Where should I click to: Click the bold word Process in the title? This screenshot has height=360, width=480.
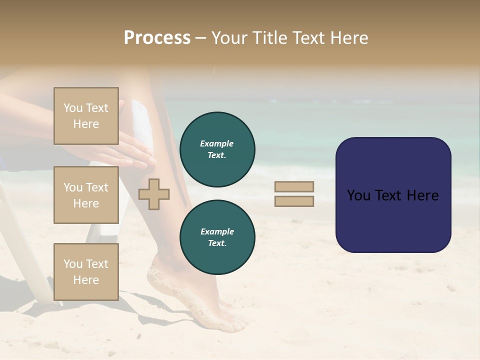pos(157,38)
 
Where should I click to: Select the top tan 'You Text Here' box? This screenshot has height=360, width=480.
pos(86,116)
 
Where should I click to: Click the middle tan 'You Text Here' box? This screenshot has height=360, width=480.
pos(86,195)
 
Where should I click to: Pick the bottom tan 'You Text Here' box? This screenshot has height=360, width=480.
pos(86,271)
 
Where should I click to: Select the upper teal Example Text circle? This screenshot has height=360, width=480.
pos(217,149)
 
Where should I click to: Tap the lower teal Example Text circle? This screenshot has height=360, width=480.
pos(217,237)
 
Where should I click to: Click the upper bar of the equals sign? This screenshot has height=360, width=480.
pos(294,186)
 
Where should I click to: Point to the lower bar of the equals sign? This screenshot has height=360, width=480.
pos(294,201)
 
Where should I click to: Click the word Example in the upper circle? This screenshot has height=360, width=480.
pos(217,143)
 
